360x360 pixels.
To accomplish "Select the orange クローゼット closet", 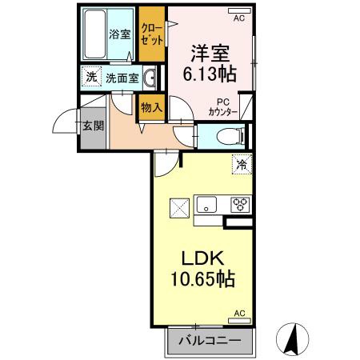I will tap(151, 34).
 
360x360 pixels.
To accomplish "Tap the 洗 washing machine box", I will tap(91, 78).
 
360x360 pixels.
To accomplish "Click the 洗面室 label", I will tap(122, 78).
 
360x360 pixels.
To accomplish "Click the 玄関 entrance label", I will tap(91, 126).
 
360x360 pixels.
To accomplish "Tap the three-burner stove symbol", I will tap(239, 204).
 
